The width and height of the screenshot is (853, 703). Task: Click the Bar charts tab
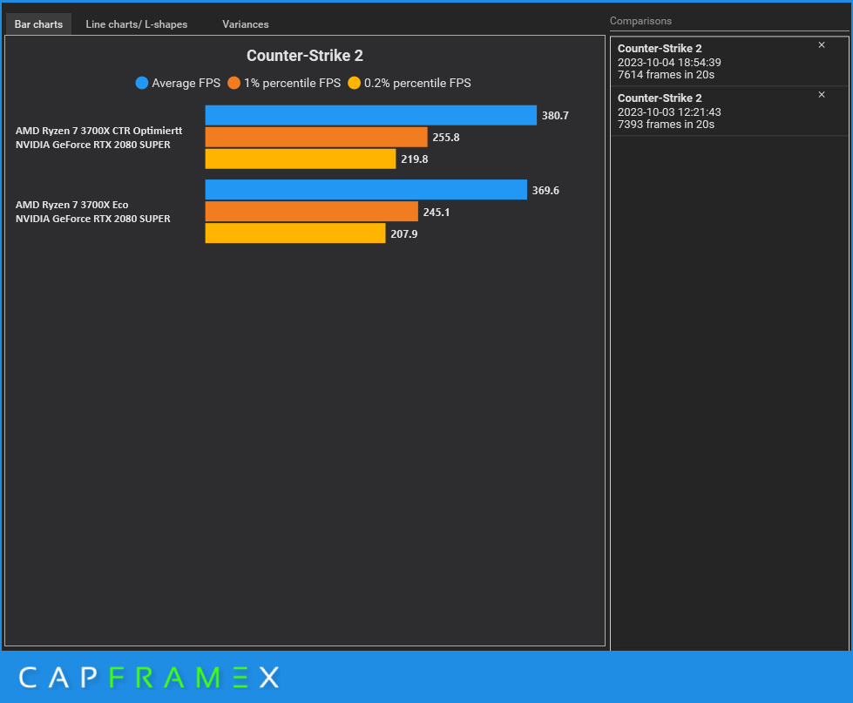click(38, 24)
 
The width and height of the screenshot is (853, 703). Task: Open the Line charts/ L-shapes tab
click(136, 24)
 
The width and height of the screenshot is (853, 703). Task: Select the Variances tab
click(245, 24)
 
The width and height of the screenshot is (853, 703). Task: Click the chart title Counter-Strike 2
click(304, 56)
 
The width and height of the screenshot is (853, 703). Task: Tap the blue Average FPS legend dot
click(142, 84)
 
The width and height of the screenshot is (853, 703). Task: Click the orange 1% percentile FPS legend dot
click(234, 84)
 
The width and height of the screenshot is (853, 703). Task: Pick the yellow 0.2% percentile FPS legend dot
click(354, 84)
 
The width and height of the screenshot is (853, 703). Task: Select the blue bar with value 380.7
click(370, 115)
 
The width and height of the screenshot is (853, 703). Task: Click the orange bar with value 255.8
click(316, 137)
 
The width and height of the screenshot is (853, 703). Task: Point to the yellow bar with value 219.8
click(300, 159)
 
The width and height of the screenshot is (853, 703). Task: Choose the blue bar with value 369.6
click(366, 190)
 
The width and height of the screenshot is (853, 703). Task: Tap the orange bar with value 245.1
click(311, 212)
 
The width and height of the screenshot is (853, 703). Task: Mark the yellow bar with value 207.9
click(294, 233)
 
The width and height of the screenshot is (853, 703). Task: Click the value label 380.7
click(555, 115)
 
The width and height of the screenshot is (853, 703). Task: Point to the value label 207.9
click(403, 233)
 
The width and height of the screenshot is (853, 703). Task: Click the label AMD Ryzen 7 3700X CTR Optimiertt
click(98, 131)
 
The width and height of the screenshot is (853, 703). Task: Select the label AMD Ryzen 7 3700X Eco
click(71, 205)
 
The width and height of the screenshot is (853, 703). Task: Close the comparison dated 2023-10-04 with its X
click(822, 45)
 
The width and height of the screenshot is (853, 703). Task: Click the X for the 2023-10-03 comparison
click(822, 94)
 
